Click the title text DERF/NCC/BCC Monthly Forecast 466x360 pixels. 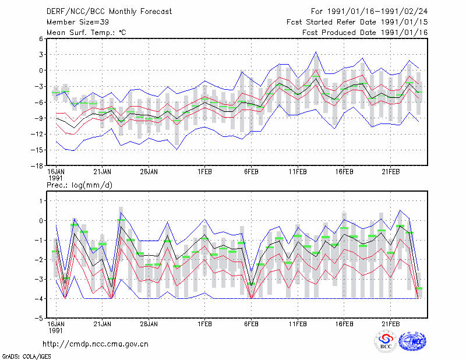coord(109,12)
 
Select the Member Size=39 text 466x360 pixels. coord(77,22)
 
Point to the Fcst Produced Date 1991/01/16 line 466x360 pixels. coord(365,33)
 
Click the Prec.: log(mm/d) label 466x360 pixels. coord(79,185)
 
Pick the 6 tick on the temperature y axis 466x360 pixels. coord(41,38)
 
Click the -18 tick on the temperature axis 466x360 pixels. coord(37,166)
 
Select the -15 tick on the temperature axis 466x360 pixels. coord(37,150)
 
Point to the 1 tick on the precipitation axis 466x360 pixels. coord(41,201)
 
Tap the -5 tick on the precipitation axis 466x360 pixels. coord(39,318)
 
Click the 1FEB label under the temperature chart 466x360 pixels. coord(204,172)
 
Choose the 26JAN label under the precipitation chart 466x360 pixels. coord(149,324)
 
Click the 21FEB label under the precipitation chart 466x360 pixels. coord(390,324)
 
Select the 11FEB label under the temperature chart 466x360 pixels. coord(298,172)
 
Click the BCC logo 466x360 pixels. coord(386,341)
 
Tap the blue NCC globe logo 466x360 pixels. coord(412,341)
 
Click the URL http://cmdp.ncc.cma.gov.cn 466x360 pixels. coord(96,344)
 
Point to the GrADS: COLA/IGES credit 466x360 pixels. coord(26,357)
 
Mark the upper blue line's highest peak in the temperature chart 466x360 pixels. coord(316,52)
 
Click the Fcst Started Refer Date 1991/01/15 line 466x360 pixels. coord(357,22)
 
